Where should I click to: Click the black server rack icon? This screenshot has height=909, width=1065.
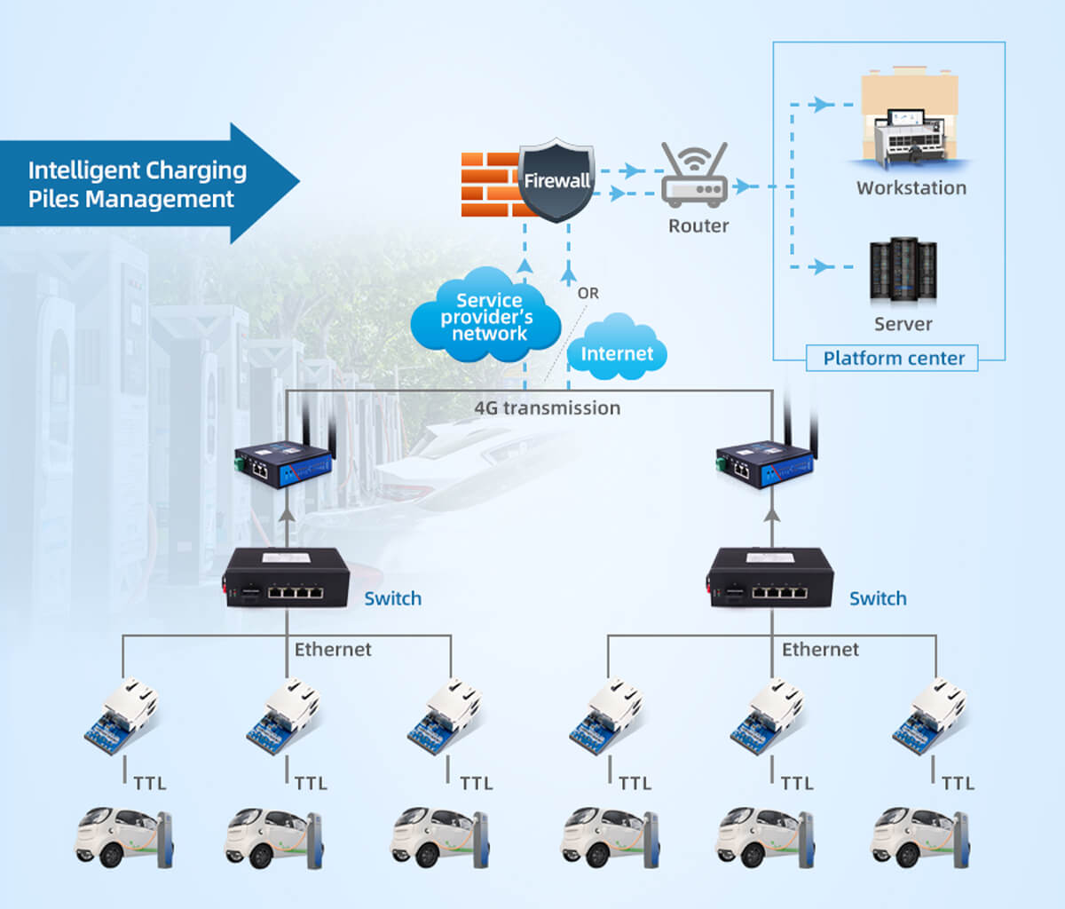tap(903, 270)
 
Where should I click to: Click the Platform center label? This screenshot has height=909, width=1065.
tap(893, 359)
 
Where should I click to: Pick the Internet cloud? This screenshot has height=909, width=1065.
tap(617, 350)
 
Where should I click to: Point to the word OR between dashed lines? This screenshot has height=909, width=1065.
tap(588, 293)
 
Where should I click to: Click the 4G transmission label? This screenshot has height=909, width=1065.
tap(547, 408)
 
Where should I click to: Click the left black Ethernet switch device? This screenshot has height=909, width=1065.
tap(287, 578)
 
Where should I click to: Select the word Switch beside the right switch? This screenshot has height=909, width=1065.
tap(878, 598)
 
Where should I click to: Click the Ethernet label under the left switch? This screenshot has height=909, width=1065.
tap(333, 650)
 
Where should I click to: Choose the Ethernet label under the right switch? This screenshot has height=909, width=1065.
tap(820, 650)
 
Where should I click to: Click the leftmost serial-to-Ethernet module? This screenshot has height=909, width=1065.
tap(122, 715)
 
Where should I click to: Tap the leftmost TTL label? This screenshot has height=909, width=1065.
tap(150, 783)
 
